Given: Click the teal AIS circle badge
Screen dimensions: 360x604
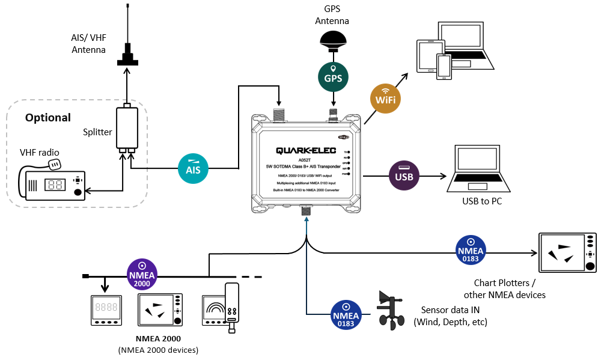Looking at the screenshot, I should tap(194, 166).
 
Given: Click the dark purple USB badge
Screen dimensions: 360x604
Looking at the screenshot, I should tap(404, 177).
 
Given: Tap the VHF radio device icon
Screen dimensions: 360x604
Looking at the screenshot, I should tap(55, 184).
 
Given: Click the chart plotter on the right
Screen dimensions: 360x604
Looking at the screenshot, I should tap(568, 252).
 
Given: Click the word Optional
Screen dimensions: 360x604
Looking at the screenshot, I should tap(48, 118).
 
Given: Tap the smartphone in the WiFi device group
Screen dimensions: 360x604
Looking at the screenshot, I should tap(444, 66).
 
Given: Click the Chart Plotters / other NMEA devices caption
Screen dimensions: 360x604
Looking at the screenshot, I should tap(505, 288).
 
